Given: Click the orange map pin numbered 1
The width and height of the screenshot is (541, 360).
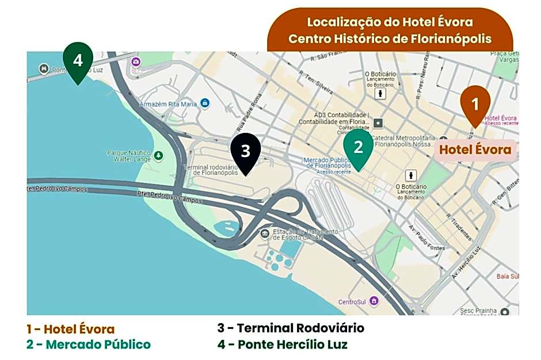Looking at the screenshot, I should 475,104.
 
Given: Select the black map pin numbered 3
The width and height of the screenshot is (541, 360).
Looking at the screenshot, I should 246,151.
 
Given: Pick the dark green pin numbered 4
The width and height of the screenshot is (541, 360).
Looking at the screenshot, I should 78,60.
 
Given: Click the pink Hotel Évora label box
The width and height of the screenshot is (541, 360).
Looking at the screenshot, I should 475,150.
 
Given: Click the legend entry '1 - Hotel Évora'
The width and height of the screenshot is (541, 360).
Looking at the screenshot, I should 70,330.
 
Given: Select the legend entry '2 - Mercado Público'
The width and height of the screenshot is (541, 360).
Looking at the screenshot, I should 88,344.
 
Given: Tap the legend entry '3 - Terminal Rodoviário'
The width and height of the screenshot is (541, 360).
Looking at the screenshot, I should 290,328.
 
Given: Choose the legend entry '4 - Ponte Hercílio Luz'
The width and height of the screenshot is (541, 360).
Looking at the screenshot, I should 282,344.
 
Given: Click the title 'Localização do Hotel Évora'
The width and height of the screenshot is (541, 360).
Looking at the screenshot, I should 390,22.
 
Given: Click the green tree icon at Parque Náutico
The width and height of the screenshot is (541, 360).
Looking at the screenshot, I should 158,155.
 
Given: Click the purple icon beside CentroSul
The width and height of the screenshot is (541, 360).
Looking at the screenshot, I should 374,301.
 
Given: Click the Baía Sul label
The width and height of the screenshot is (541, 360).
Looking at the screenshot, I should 506,276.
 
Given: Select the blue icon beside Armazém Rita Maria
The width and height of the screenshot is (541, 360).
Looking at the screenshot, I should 205,104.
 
